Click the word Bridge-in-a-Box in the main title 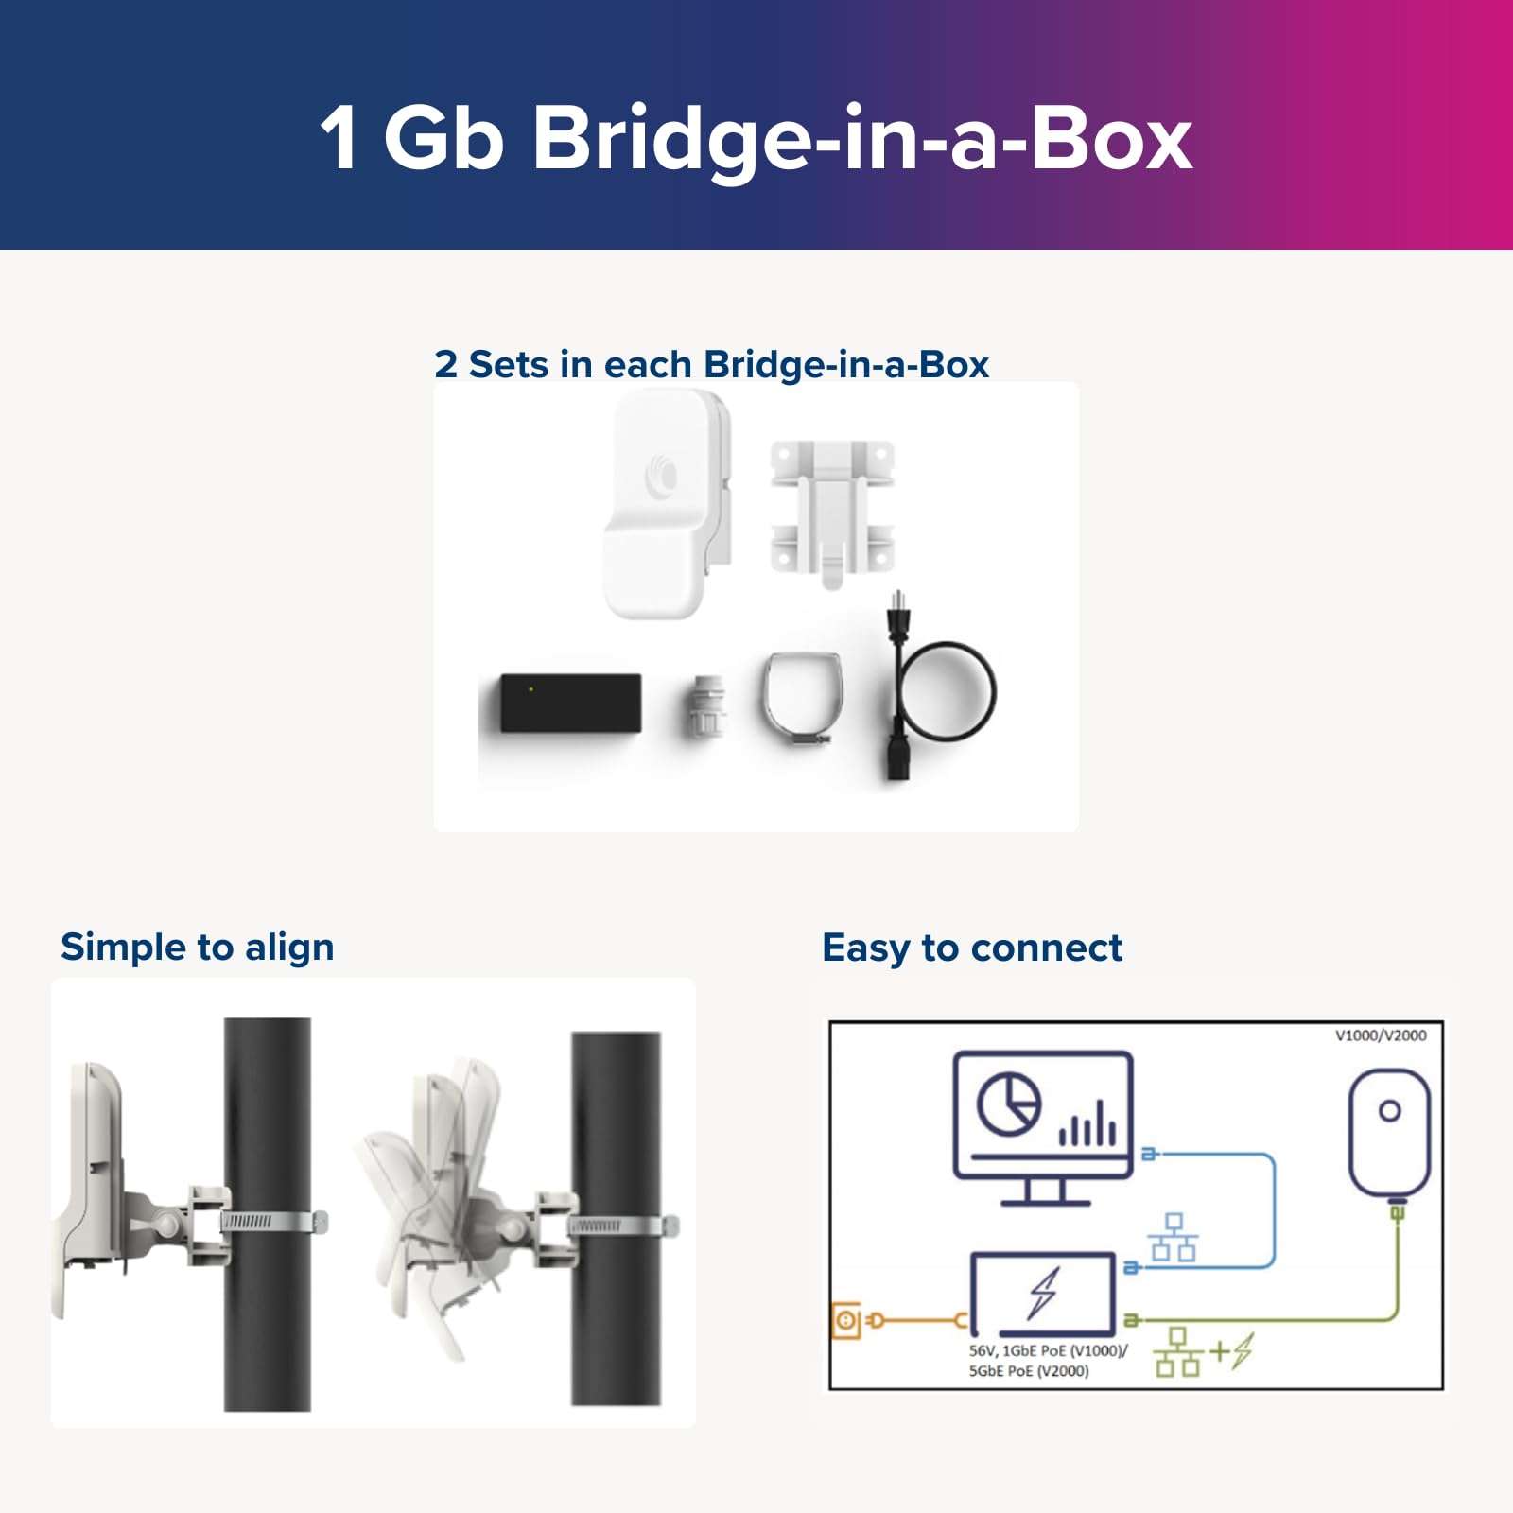[862, 140]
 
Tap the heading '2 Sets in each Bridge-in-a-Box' [711, 365]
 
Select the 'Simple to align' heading [197, 948]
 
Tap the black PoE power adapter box [570, 703]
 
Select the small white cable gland [706, 707]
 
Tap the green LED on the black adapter [530, 689]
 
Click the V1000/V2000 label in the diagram [1380, 1035]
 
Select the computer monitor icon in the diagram [1043, 1125]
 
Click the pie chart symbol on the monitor [1008, 1104]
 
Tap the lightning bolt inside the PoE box [1044, 1293]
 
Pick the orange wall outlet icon [846, 1320]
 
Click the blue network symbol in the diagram [1174, 1238]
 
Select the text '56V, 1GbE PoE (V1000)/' [1048, 1351]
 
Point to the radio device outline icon [1388, 1135]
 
